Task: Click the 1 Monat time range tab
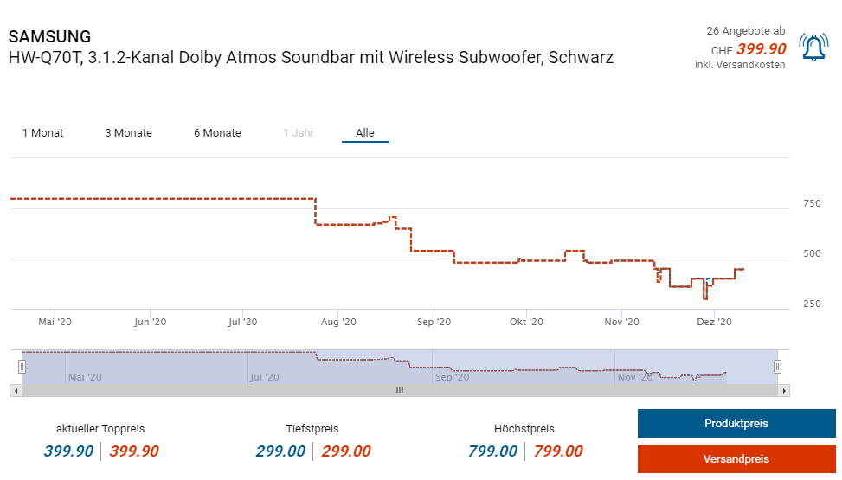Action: point(42,133)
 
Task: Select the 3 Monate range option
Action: point(128,133)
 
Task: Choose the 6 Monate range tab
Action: point(217,133)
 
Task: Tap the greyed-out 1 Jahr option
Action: point(298,133)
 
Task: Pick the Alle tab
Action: point(365,133)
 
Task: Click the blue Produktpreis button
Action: point(736,424)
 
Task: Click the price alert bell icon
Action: point(813,47)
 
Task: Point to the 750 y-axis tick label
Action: point(812,204)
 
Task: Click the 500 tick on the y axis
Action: point(812,254)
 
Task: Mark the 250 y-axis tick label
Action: point(812,304)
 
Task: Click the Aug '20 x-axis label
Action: point(337,322)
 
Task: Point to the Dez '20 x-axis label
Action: point(715,322)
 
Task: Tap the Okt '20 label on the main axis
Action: point(526,322)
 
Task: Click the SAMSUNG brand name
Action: point(49,37)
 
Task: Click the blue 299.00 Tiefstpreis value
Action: point(280,451)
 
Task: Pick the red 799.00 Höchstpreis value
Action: point(558,451)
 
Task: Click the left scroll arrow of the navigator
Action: point(15,391)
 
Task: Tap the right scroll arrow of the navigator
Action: point(784,391)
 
